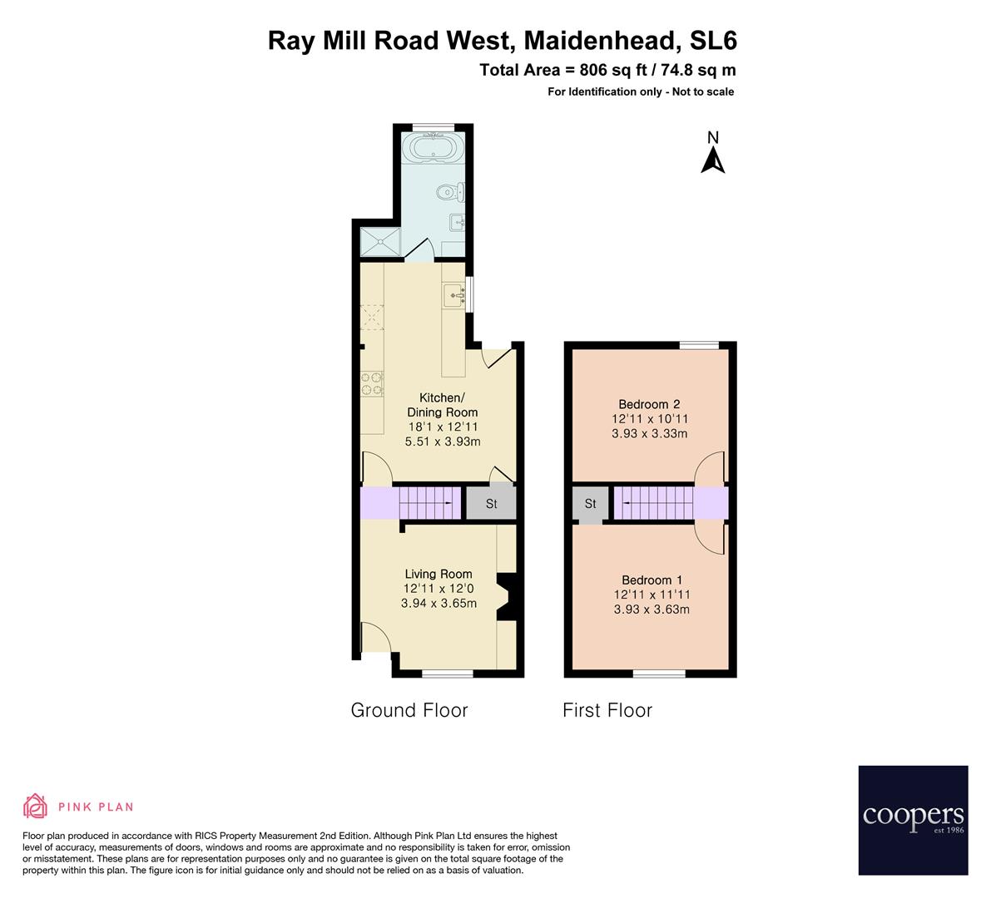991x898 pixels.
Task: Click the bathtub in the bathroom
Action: tap(429, 150)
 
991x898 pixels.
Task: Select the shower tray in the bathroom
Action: tap(380, 241)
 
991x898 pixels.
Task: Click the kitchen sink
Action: tap(453, 294)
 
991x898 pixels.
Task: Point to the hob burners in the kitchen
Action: tap(372, 384)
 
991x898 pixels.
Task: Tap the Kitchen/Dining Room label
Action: tap(442, 405)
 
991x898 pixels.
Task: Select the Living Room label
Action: tap(439, 574)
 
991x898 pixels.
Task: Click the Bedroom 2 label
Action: tap(650, 405)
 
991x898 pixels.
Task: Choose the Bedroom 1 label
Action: tap(652, 580)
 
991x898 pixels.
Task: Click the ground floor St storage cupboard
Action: tap(491, 504)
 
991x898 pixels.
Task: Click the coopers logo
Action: tap(913, 820)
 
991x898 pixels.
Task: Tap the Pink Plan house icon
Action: tap(35, 806)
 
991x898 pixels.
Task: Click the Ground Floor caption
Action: tap(409, 710)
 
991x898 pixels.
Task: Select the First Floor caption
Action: tap(607, 710)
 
